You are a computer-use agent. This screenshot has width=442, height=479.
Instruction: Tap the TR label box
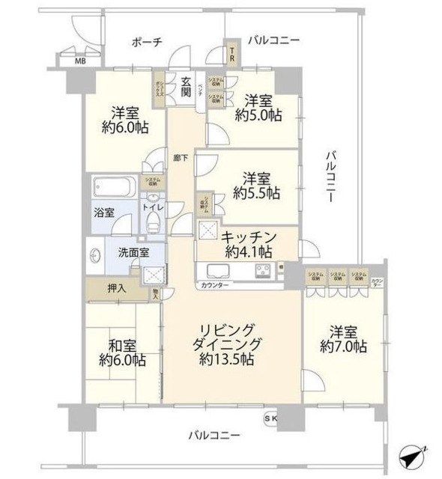point(232,54)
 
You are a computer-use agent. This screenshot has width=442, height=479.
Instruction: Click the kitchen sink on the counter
point(215,270)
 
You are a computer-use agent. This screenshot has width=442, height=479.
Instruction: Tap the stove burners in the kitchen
point(264,270)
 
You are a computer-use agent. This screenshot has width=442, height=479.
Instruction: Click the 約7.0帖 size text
point(342,347)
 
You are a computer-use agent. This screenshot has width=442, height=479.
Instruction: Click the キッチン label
point(249,237)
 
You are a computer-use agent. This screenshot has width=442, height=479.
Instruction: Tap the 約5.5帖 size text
point(255,193)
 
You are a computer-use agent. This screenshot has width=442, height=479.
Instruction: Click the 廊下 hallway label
point(180,159)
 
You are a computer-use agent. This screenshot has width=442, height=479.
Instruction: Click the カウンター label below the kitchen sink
point(215,285)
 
